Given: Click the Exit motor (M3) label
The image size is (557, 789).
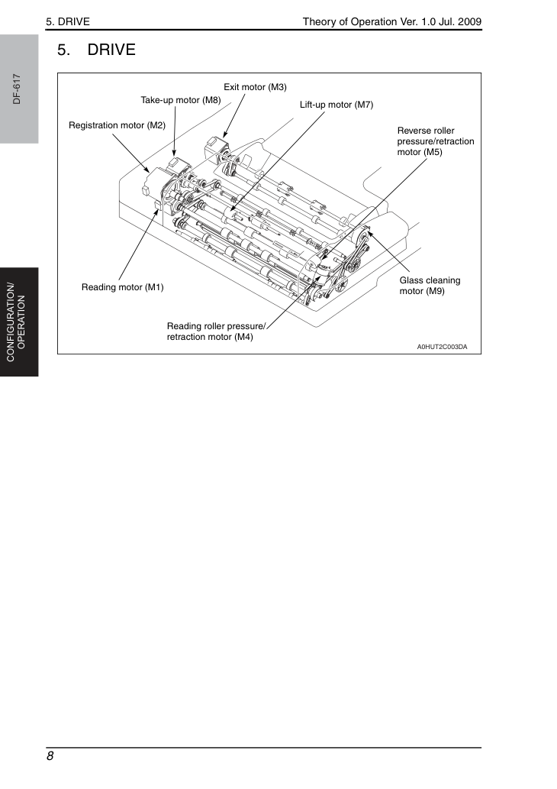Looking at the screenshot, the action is pyautogui.click(x=255, y=87).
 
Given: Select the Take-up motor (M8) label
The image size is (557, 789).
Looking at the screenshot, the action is pyautogui.click(x=181, y=100).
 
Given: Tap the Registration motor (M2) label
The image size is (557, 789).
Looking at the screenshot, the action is pyautogui.click(x=118, y=125).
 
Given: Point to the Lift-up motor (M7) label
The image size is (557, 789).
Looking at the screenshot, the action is pyautogui.click(x=336, y=105).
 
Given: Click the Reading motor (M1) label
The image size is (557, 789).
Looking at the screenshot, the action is pyautogui.click(x=123, y=287).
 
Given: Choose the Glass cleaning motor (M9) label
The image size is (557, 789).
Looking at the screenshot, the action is pyautogui.click(x=430, y=286).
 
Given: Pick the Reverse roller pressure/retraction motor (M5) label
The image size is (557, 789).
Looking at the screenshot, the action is pyautogui.click(x=436, y=141).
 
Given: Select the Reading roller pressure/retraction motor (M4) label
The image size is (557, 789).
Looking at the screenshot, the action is pyautogui.click(x=216, y=331).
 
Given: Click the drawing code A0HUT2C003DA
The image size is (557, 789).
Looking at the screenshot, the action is pyautogui.click(x=442, y=347).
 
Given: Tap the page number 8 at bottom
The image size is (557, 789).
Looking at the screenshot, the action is pyautogui.click(x=50, y=756).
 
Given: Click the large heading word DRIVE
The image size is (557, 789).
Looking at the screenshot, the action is pyautogui.click(x=111, y=50).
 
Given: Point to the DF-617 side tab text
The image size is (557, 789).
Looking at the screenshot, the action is pyautogui.click(x=17, y=89).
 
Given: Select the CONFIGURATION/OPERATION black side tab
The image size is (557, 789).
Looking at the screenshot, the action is pyautogui.click(x=19, y=322).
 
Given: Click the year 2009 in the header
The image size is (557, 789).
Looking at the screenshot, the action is pyautogui.click(x=469, y=21).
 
